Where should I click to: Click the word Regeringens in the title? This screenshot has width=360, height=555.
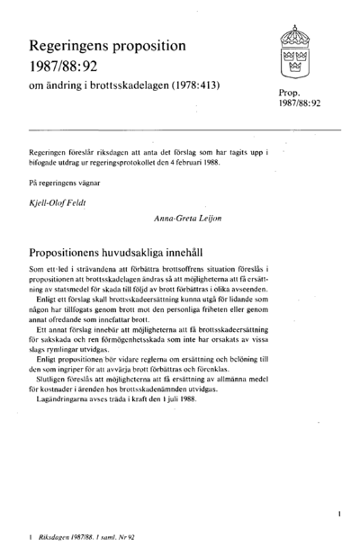(x=70, y=43)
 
